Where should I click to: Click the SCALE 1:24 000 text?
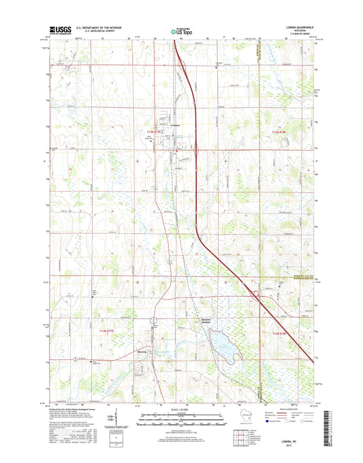point(180,410)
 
